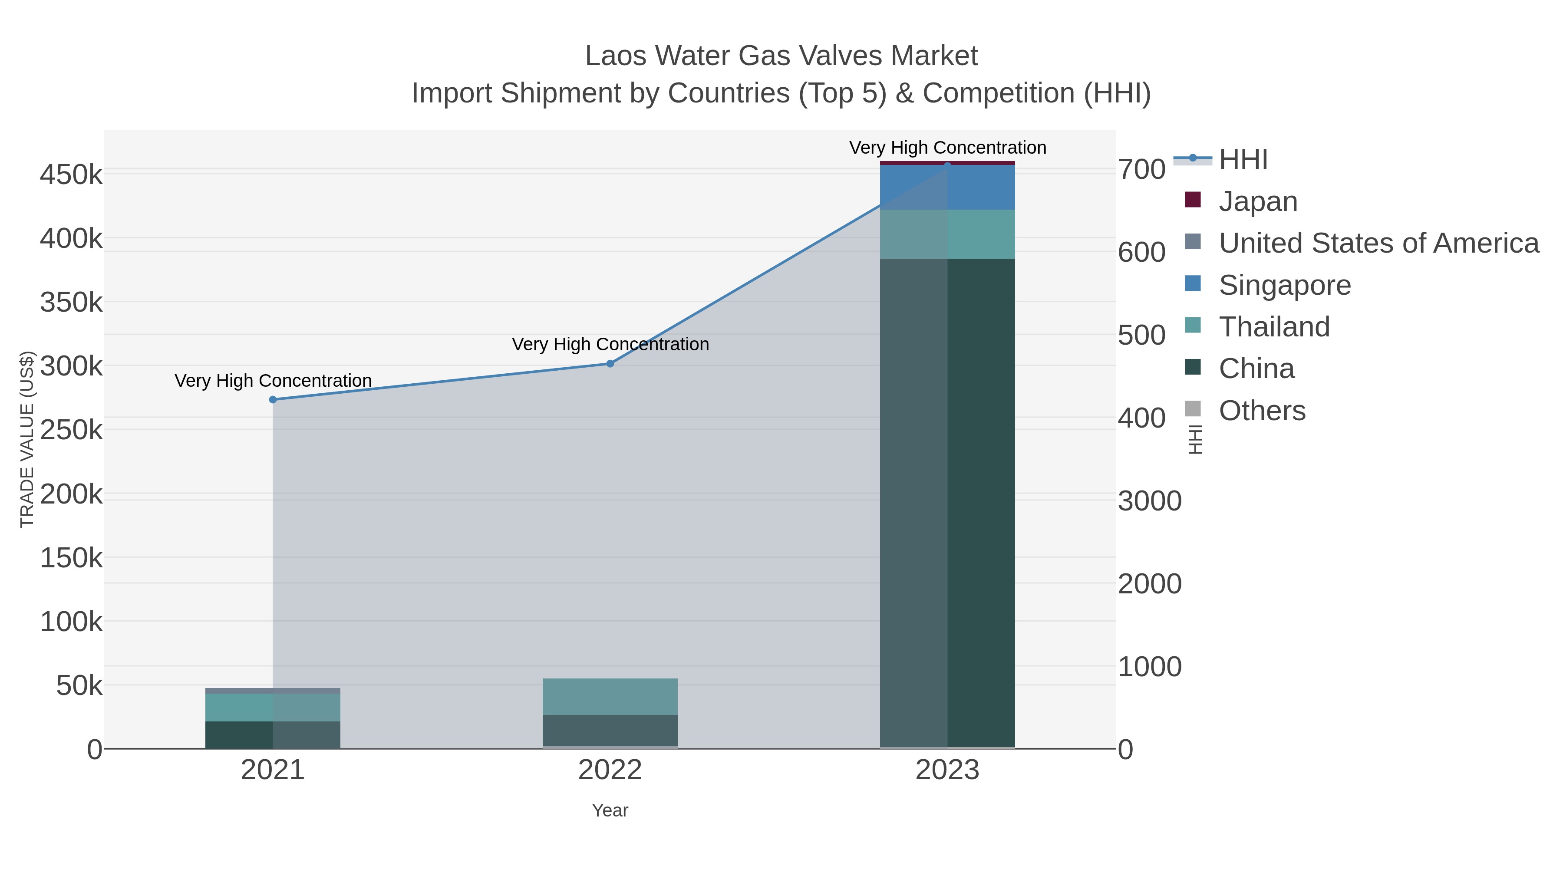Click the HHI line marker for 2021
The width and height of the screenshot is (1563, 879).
click(x=272, y=400)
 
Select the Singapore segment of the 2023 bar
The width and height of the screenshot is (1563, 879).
click(x=947, y=188)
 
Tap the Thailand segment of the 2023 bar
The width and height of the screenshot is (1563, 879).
click(x=947, y=234)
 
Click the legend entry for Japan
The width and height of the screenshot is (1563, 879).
click(x=1257, y=201)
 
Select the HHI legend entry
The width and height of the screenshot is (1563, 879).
click(x=1243, y=160)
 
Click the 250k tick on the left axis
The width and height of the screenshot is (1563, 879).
click(x=71, y=431)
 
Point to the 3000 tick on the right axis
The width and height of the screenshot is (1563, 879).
click(x=1149, y=501)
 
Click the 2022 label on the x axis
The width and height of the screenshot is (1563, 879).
click(x=610, y=770)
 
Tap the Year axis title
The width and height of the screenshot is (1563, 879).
click(x=610, y=810)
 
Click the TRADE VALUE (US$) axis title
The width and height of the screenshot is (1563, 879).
click(x=27, y=439)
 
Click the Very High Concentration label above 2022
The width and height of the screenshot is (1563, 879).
click(x=610, y=345)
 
